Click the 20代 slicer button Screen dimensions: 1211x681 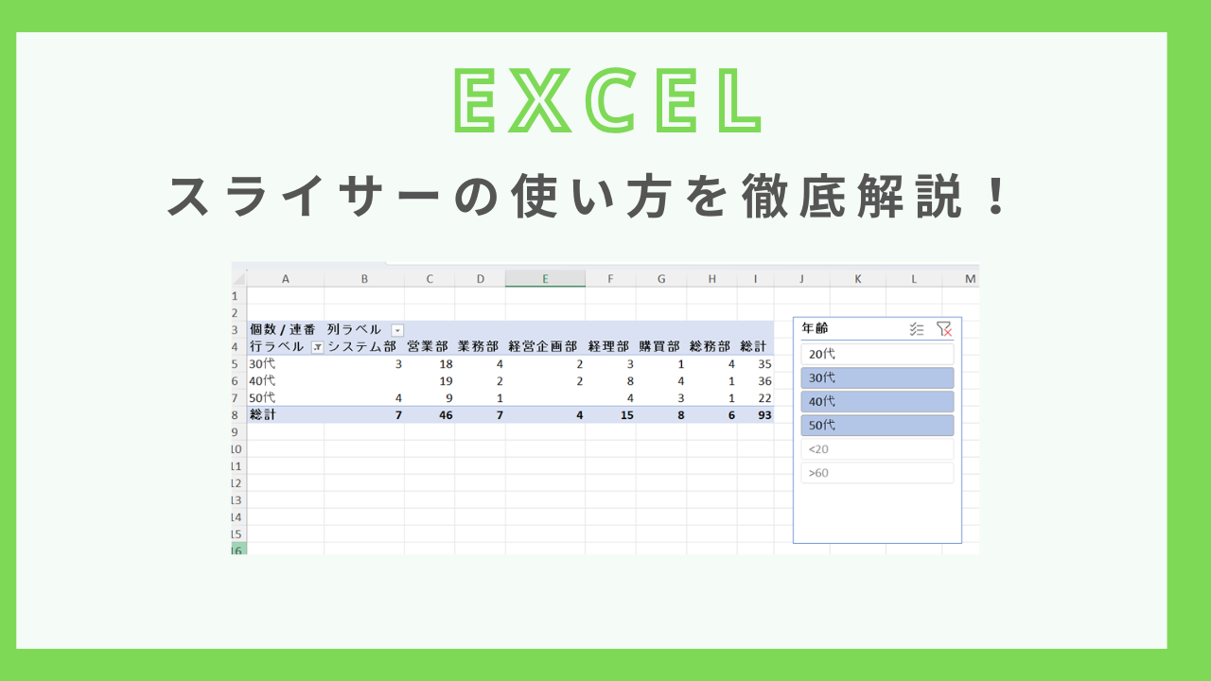[877, 354]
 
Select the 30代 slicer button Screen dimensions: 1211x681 [877, 377]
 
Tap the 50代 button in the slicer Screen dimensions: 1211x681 [877, 426]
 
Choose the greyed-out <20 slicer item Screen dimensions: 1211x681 [877, 449]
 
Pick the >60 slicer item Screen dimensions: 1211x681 [877, 473]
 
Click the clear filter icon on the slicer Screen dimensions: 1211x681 [944, 328]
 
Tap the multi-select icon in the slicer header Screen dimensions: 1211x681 [917, 328]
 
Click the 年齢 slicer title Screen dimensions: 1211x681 [815, 328]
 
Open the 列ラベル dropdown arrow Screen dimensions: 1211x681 [397, 330]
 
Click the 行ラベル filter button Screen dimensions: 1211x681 [317, 347]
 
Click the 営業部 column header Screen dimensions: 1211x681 [428, 346]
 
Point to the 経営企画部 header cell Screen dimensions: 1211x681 [543, 346]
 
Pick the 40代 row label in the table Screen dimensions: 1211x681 [262, 380]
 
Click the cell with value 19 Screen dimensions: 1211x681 [446, 381]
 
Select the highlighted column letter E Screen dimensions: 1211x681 [545, 279]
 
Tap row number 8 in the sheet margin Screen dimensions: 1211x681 [235, 415]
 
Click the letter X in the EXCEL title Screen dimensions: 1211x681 [539, 100]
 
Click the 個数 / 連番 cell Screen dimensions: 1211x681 [282, 330]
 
